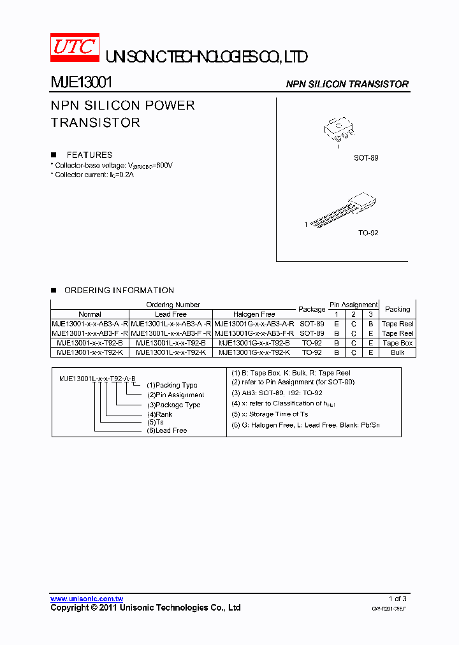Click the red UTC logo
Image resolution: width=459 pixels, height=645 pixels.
click(75, 47)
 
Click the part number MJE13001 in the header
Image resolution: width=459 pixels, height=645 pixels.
click(82, 83)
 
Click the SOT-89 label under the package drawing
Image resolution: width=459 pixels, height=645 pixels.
click(366, 157)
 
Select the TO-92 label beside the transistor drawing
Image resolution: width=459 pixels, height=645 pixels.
click(368, 233)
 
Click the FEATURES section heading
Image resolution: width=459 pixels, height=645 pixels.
click(89, 155)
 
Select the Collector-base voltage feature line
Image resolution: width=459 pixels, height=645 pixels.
click(112, 165)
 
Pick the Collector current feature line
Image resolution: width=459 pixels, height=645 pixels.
click(92, 175)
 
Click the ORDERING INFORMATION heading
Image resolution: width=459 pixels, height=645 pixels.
click(119, 290)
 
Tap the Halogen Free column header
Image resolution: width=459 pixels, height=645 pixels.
click(254, 314)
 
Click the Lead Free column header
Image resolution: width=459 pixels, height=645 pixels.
click(171, 314)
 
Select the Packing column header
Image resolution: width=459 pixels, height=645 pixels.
click(397, 309)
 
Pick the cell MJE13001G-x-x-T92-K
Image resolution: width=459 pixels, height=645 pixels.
click(254, 352)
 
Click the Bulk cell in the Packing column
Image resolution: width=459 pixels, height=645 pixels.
click(397, 352)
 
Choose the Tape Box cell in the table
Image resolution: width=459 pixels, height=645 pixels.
click(397, 343)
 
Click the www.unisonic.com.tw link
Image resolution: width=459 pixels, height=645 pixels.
click(87, 599)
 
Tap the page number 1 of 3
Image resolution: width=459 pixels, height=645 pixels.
click(397, 598)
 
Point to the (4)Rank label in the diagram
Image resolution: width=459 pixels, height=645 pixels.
click(159, 414)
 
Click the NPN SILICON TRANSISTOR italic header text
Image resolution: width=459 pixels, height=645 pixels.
click(347, 84)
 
